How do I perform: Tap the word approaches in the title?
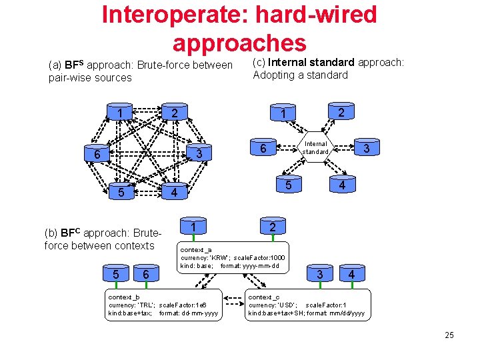[x=239, y=42]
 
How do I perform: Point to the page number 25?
[x=449, y=335]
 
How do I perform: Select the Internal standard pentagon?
[x=316, y=148]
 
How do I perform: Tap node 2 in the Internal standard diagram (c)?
[x=341, y=112]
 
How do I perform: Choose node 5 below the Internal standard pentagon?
[x=289, y=185]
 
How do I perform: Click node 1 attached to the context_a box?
[x=193, y=227]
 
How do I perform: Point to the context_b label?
[x=124, y=297]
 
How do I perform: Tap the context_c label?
[x=263, y=297]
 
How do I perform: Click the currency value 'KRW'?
[x=219, y=257]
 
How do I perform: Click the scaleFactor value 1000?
[x=277, y=257]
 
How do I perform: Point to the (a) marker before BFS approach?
[x=55, y=65]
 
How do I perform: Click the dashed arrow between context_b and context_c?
[x=233, y=297]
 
